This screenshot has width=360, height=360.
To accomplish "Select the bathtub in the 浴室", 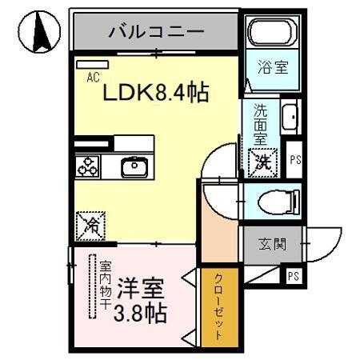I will (272, 34).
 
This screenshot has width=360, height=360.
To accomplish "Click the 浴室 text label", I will (271, 70).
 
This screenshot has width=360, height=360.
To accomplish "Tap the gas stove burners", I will (87, 167).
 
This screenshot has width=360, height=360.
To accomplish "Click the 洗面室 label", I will (262, 125).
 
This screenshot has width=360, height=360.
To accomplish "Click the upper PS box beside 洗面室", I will (295, 159).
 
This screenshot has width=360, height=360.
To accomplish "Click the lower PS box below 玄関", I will (293, 277).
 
